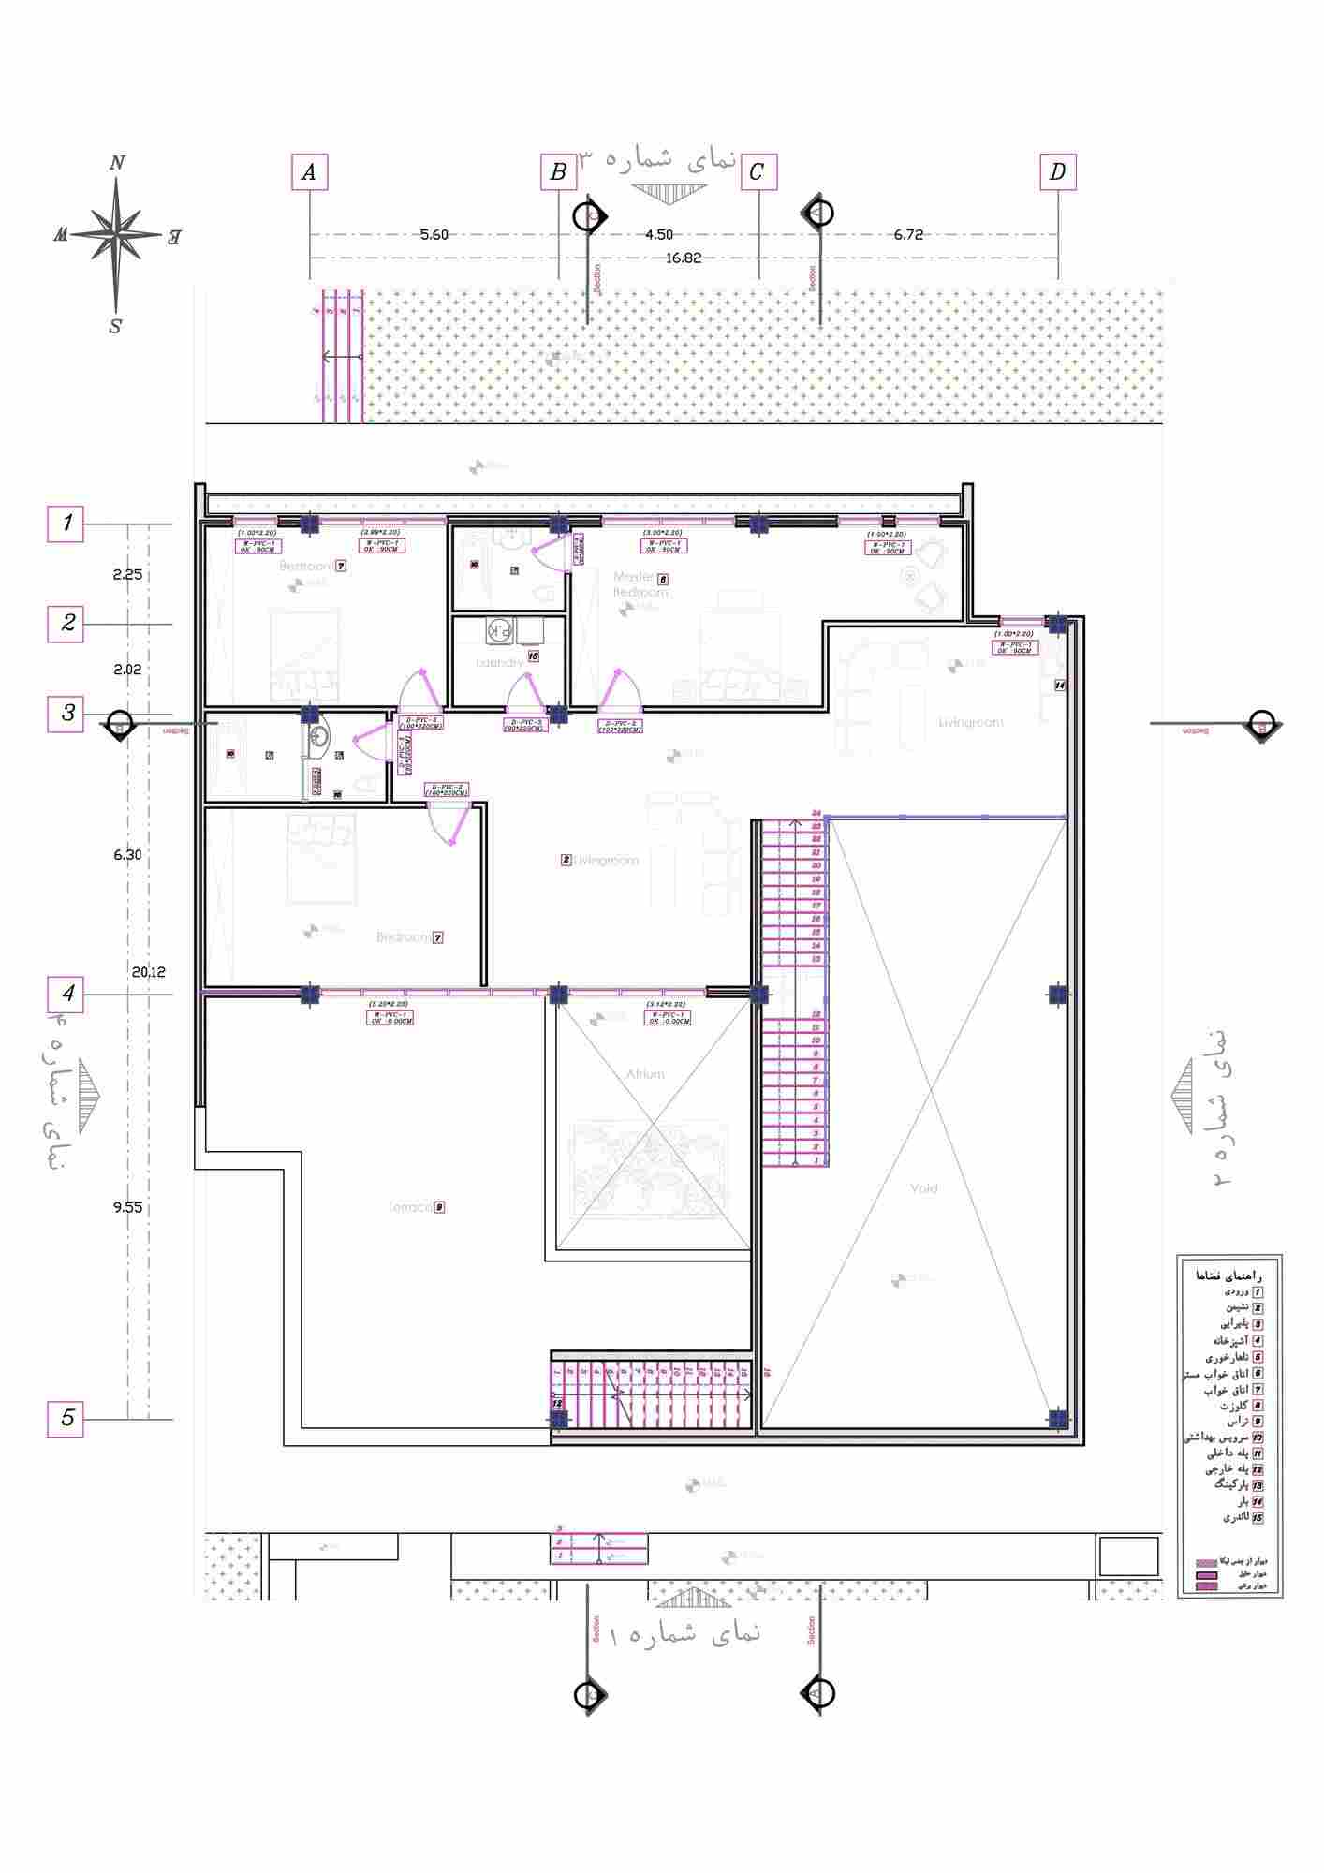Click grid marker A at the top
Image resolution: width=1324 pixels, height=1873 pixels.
pyautogui.click(x=309, y=172)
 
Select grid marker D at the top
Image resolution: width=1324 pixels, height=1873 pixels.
pyautogui.click(x=1057, y=172)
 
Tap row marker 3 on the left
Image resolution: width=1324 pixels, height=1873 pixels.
pyautogui.click(x=66, y=714)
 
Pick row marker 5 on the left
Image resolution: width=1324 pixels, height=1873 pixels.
pyautogui.click(x=66, y=1418)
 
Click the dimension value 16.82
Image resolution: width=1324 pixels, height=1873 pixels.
pyautogui.click(x=683, y=258)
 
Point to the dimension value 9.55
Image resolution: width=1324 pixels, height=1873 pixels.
pyautogui.click(x=127, y=1207)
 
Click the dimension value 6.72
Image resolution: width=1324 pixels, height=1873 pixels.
pyautogui.click(x=907, y=235)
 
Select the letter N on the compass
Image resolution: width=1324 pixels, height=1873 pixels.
pyautogui.click(x=117, y=163)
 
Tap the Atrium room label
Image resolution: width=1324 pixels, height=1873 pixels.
pyautogui.click(x=645, y=1074)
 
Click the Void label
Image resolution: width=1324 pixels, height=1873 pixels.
pyautogui.click(x=923, y=1188)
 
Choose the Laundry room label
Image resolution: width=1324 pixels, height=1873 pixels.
pyautogui.click(x=499, y=663)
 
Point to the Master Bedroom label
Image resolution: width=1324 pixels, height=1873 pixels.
pyautogui.click(x=640, y=584)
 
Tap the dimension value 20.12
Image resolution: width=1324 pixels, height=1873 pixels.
pyautogui.click(x=148, y=972)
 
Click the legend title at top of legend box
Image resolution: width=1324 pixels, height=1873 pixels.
pyautogui.click(x=1229, y=1276)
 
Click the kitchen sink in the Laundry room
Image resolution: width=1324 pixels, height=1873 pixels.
pyautogui.click(x=498, y=632)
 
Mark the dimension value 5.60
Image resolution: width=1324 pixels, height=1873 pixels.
pyautogui.click(x=434, y=235)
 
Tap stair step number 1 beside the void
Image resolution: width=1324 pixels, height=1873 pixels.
pyautogui.click(x=816, y=1160)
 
